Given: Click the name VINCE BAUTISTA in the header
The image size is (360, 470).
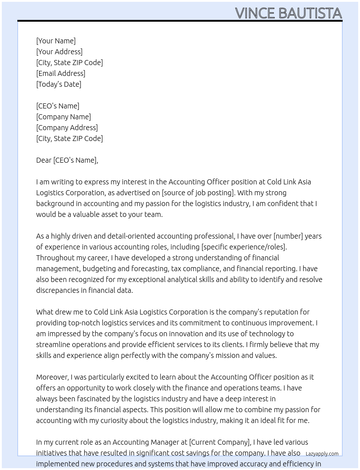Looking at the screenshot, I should [288, 13].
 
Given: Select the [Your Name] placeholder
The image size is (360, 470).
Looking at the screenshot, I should [56, 41].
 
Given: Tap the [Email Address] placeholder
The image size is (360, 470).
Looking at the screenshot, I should [61, 73].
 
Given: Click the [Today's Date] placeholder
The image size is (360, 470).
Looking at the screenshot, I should [59, 84].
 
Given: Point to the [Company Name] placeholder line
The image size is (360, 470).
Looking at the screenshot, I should [63, 117].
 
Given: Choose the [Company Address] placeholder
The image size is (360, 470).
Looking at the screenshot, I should [67, 128].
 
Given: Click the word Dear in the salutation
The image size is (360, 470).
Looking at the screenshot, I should [44, 160].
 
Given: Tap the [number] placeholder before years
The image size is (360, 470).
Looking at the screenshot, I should [288, 236].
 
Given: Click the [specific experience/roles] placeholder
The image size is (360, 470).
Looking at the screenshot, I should [244, 247].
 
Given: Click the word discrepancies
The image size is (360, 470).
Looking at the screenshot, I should [58, 290].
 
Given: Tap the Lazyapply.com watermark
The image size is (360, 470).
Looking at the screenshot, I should [322, 454].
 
